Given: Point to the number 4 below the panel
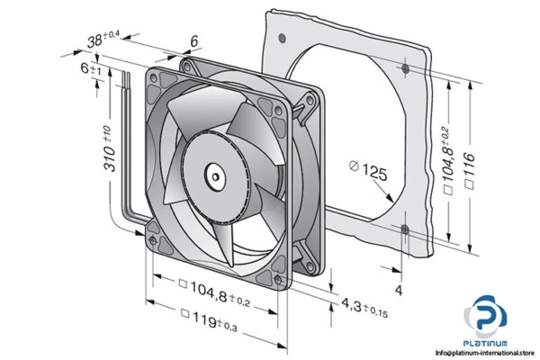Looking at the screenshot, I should coord(400,291).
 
